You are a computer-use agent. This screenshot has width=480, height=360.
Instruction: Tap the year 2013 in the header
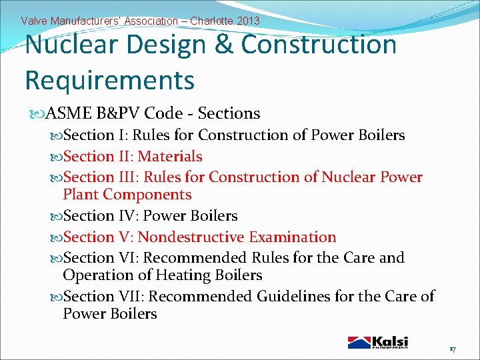point(246,21)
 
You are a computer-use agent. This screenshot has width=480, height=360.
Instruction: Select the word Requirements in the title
point(109,79)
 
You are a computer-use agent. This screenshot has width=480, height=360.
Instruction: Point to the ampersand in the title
point(225,45)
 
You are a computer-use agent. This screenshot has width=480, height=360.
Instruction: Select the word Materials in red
point(169,156)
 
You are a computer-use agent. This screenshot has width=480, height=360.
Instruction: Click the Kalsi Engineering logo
point(378,342)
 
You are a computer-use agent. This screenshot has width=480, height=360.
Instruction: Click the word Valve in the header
point(33,21)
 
